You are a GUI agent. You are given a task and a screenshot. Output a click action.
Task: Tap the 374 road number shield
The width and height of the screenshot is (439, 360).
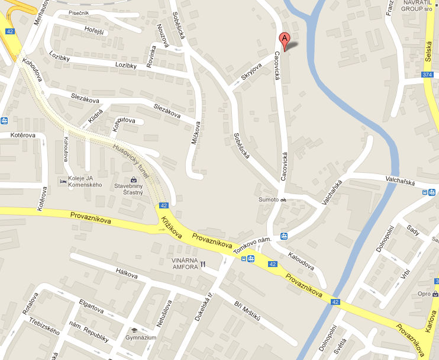click(428, 74)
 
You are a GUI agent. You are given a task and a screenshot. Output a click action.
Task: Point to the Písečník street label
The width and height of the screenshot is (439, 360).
click(79, 12)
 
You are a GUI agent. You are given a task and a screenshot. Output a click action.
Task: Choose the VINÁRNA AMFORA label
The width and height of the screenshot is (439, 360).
click(183, 264)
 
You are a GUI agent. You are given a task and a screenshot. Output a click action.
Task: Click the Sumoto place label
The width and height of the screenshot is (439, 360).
click(268, 200)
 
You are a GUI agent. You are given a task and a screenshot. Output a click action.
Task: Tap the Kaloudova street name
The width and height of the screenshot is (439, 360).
click(301, 261)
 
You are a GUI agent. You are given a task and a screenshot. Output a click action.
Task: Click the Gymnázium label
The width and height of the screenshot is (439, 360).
click(140, 337)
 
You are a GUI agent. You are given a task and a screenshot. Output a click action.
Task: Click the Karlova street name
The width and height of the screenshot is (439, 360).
click(431, 329)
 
